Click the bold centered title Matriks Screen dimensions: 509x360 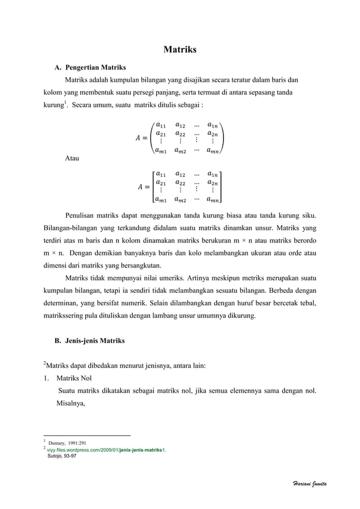click(179, 50)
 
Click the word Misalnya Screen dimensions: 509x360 click(71, 403)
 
